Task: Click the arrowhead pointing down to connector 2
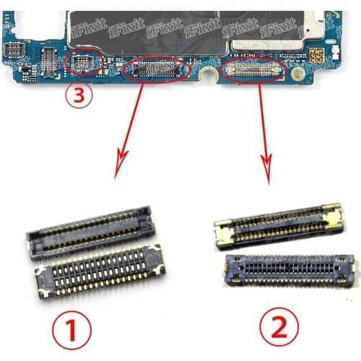click(x=270, y=177)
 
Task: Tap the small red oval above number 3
click(x=84, y=64)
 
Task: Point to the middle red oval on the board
click(x=157, y=70)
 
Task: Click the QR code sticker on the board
click(x=317, y=54)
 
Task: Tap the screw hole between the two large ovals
click(x=209, y=73)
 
